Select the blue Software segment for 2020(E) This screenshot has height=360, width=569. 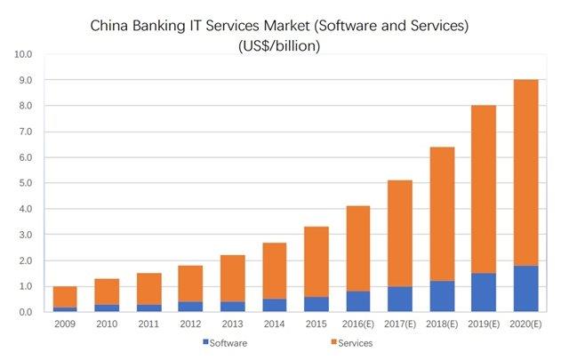[525, 289]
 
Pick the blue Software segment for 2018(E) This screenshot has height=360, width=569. [441, 297]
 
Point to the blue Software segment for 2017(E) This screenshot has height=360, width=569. [398, 300]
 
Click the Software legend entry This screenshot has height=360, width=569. [226, 342]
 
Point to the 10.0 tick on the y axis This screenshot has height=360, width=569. [23, 55]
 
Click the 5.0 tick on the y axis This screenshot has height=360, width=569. [23, 184]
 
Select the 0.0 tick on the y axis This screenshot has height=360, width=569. [23, 313]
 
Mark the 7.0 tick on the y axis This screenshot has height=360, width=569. [23, 132]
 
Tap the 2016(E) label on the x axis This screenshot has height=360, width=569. [357, 324]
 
